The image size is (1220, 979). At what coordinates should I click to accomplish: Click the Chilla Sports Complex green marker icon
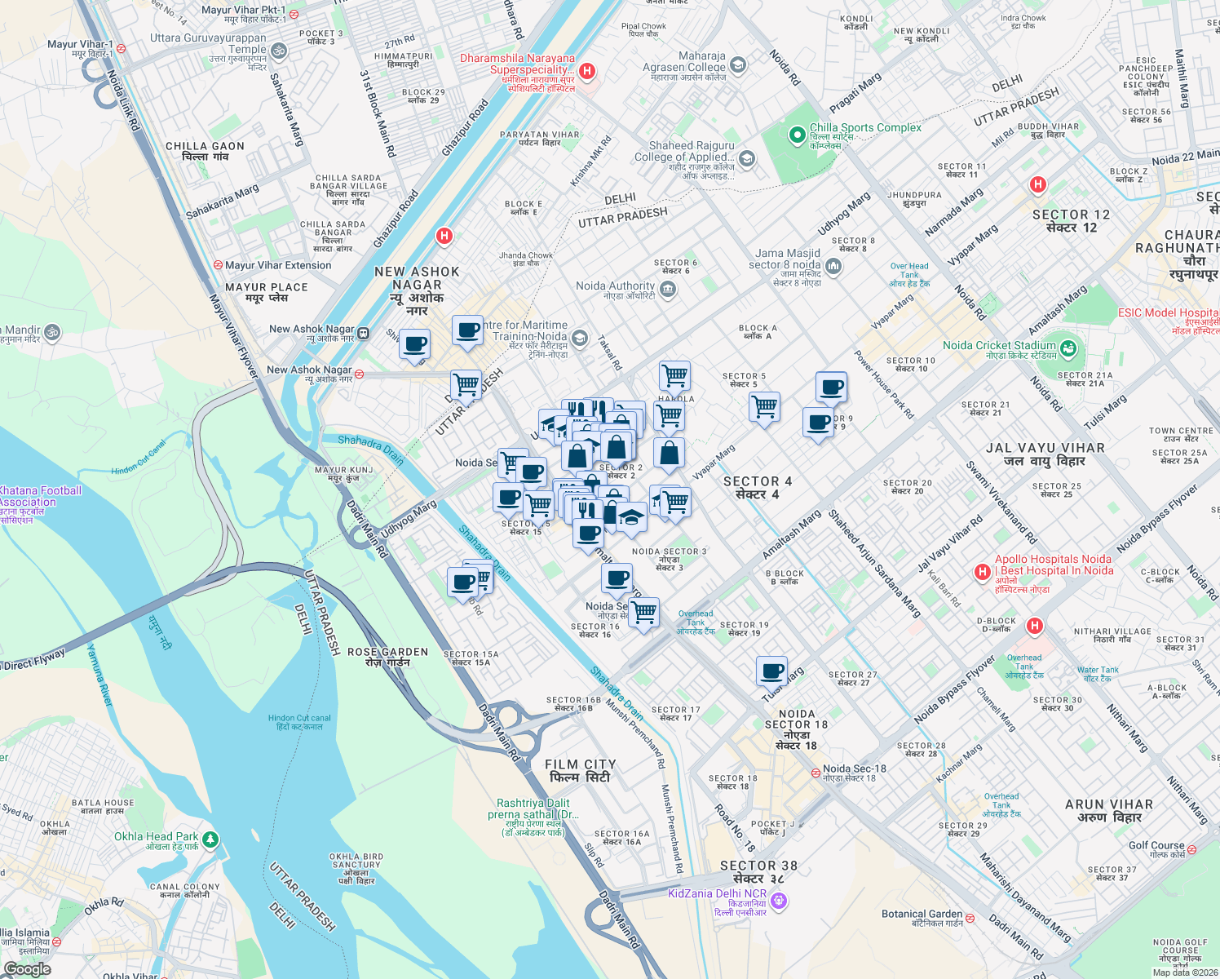click(x=797, y=135)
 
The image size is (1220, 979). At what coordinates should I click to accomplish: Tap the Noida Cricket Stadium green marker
click(x=1068, y=349)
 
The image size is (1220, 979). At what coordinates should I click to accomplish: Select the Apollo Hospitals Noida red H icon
click(x=982, y=573)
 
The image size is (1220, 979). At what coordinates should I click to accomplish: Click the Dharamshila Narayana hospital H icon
click(x=586, y=71)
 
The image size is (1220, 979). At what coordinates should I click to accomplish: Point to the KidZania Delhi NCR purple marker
click(x=779, y=901)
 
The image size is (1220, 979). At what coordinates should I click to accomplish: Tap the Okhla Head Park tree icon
click(x=210, y=838)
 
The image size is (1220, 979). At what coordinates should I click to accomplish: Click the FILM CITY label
click(x=581, y=770)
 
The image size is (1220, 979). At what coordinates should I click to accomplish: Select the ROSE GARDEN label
click(x=387, y=657)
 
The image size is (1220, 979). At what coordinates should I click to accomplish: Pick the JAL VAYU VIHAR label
click(x=1045, y=454)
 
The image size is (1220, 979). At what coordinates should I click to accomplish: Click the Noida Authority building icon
click(x=667, y=289)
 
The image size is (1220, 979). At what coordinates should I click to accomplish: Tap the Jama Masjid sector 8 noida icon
click(x=833, y=266)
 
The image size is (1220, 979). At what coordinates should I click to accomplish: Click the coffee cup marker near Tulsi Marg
click(x=771, y=671)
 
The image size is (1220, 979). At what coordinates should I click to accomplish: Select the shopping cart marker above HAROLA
click(x=674, y=376)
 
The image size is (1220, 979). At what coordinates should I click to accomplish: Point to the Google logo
click(x=27, y=968)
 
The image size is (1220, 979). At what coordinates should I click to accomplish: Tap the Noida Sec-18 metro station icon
click(x=815, y=772)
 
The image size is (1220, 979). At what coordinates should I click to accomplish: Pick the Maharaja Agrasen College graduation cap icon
click(x=737, y=64)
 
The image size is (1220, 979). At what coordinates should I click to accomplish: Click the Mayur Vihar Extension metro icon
click(x=218, y=265)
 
